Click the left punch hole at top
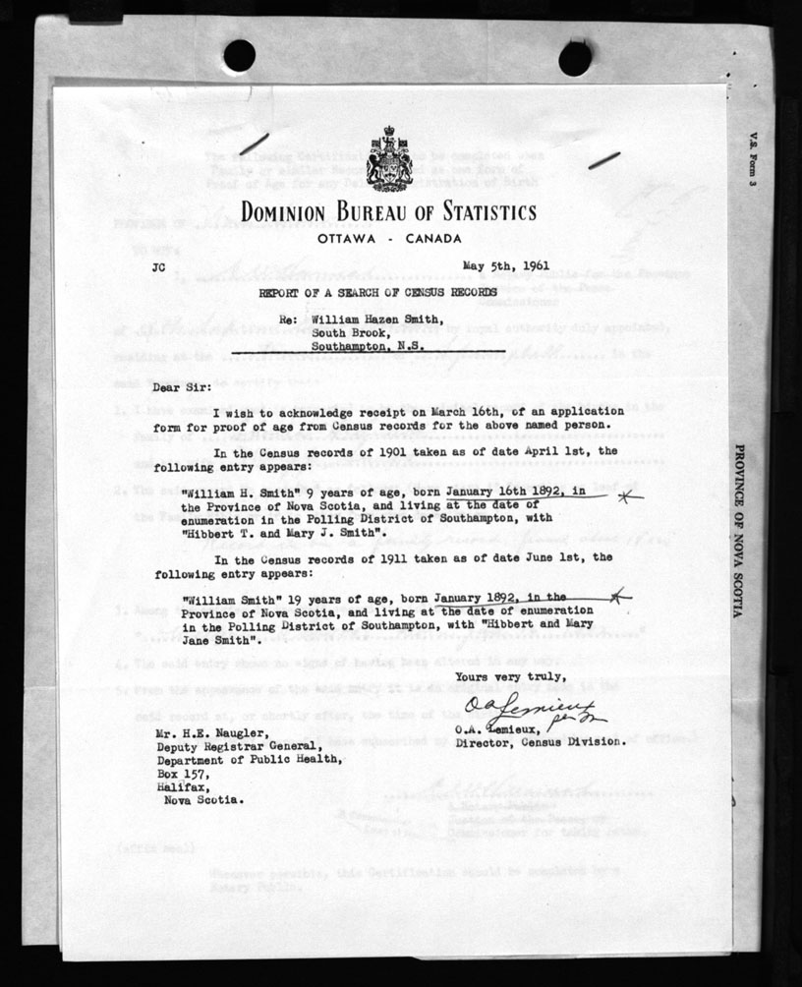click(x=239, y=55)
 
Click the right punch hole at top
click(x=575, y=58)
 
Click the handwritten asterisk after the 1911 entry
click(x=616, y=595)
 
